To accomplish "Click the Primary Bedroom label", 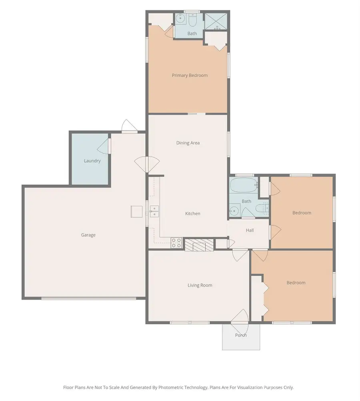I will pos(190,75).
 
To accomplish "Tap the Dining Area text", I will pos(188,143).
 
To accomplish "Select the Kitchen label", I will pos(192,214).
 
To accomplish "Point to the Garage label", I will pos(88,235).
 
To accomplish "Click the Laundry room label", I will pos(92,161).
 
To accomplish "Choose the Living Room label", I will pos(200,285).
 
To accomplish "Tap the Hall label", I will pos(250,230).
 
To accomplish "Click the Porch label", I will pos(241,335).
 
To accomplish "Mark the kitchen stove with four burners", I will pos(176,243).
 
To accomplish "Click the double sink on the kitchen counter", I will pos(154,211).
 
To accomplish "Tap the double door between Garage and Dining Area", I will pos(147,163).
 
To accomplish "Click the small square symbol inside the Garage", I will pos(136,211).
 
